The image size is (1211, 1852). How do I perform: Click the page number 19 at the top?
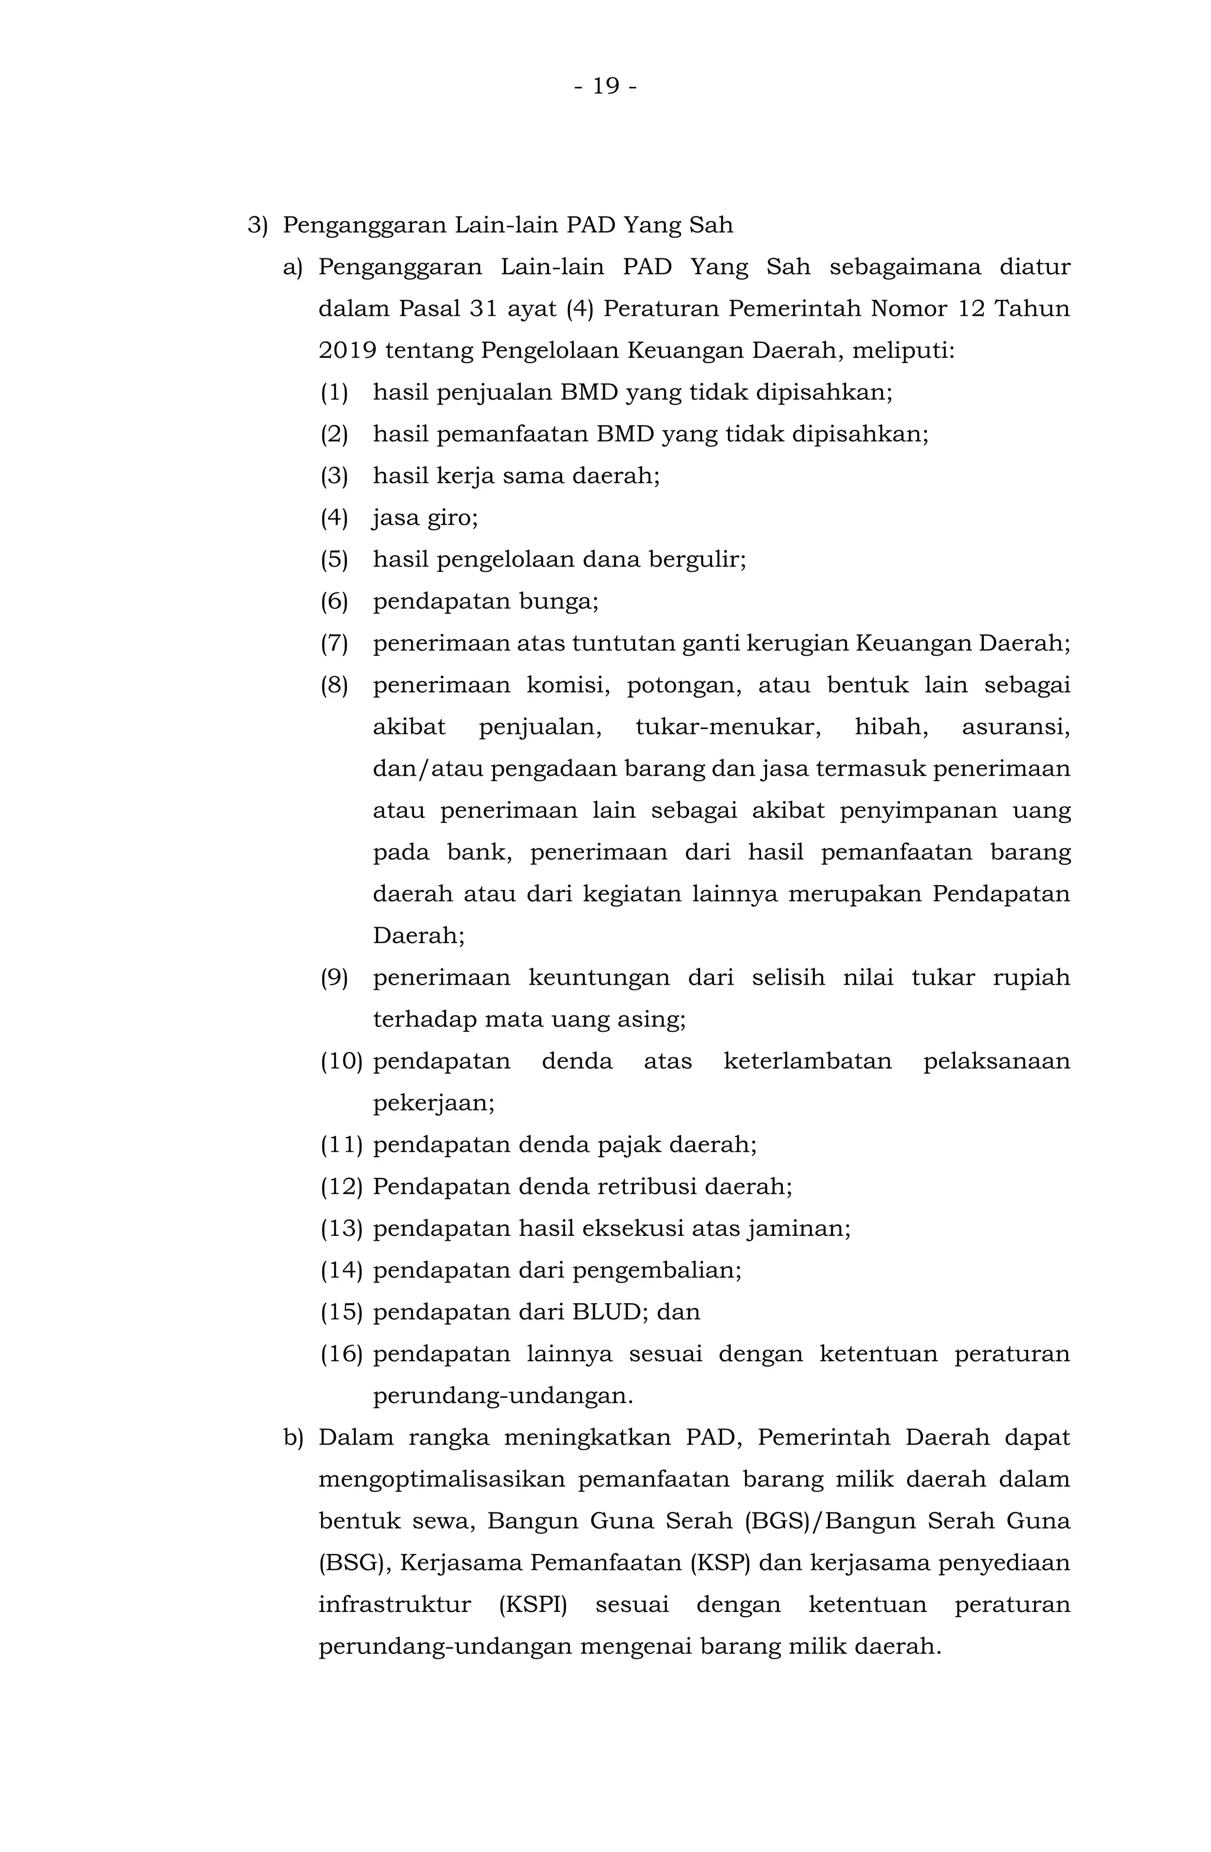coord(605,86)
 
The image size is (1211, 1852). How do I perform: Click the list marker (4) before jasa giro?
coord(334,517)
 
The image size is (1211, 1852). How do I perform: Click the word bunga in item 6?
coord(564,601)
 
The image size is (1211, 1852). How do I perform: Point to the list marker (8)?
coord(334,685)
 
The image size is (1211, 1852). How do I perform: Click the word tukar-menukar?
coord(728,727)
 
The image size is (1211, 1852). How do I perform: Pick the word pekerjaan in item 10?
coord(433,1103)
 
